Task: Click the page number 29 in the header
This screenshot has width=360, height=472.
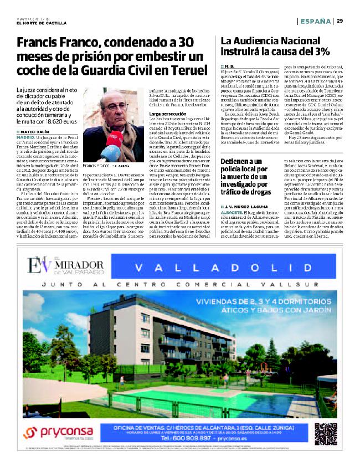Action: [340, 21]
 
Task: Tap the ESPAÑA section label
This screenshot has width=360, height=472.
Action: [316, 21]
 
